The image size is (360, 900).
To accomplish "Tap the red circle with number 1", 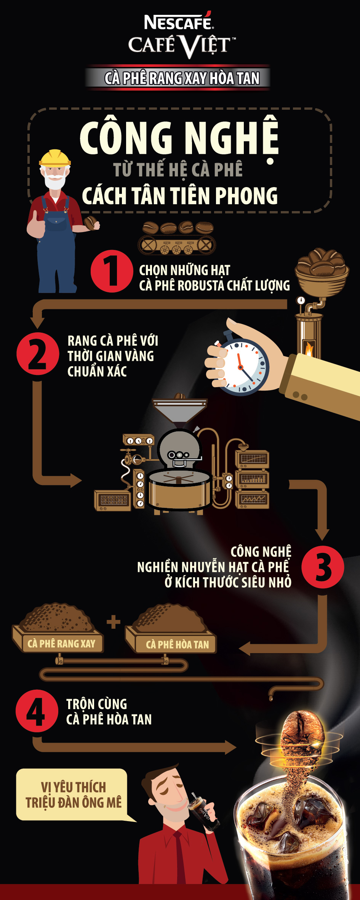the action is coord(112,271).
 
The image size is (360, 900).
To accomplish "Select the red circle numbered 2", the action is coord(38,353).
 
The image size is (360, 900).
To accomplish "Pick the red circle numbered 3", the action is coord(323,567).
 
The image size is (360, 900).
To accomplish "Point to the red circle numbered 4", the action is coord(37,711).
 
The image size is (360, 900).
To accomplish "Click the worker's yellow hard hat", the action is coord(55,158).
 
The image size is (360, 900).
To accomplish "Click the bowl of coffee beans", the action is coord(322,271).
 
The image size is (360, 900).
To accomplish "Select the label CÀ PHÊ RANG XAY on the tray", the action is coord(61,644).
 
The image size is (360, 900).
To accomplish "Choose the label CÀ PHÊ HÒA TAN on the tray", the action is coord(178,644).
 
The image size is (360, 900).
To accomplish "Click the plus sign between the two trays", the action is coord(114,622).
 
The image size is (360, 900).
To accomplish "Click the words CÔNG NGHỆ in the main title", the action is coord(179,138).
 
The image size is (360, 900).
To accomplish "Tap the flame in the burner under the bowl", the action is coord(308,349).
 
